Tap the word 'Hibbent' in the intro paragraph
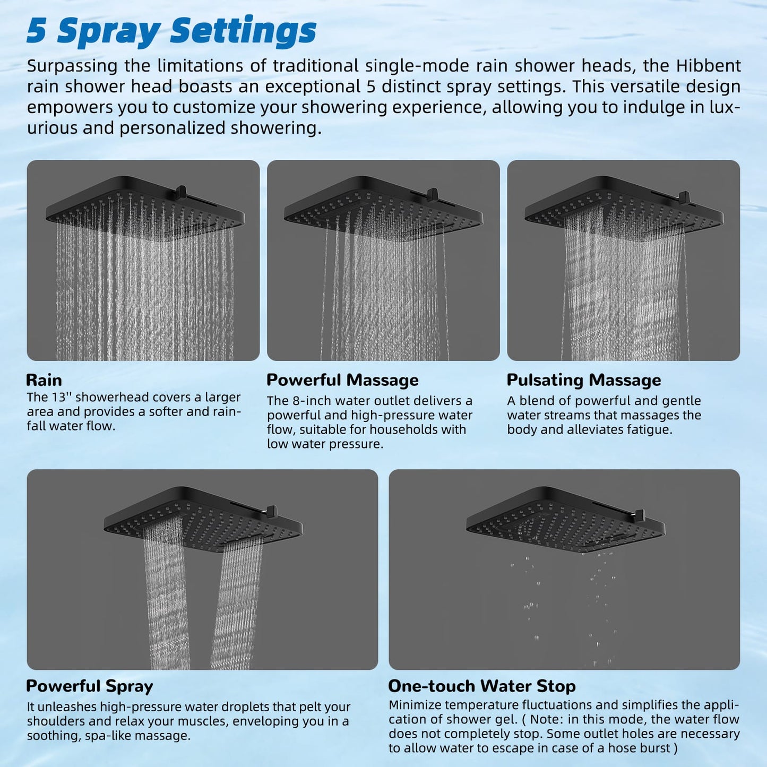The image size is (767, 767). click(709, 66)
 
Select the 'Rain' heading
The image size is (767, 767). click(44, 380)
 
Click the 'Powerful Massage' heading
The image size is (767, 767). click(343, 380)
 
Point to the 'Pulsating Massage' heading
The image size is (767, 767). click(584, 380)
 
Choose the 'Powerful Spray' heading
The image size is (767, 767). click(90, 686)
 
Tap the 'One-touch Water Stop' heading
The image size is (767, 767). click(482, 686)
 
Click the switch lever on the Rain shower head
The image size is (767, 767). click(181, 192)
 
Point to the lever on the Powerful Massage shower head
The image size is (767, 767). click(432, 194)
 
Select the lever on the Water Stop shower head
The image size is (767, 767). click(639, 515)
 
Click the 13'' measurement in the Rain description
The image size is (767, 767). click(61, 397)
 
